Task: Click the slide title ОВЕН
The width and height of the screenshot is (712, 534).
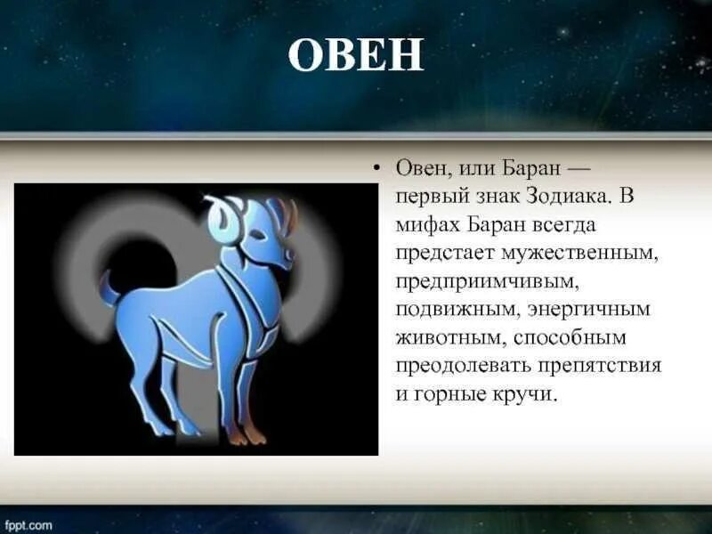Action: [356, 54]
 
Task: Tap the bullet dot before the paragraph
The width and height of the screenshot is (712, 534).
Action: [376, 169]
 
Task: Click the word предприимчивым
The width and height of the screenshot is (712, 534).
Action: [487, 282]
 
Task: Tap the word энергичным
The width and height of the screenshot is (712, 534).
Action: [589, 310]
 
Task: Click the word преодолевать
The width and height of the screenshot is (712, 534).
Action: [463, 366]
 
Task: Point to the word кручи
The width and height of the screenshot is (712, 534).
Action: [524, 393]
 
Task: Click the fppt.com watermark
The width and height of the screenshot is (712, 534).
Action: [26, 526]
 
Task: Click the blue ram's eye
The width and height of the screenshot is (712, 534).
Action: [258, 235]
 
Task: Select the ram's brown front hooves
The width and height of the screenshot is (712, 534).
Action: [246, 435]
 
